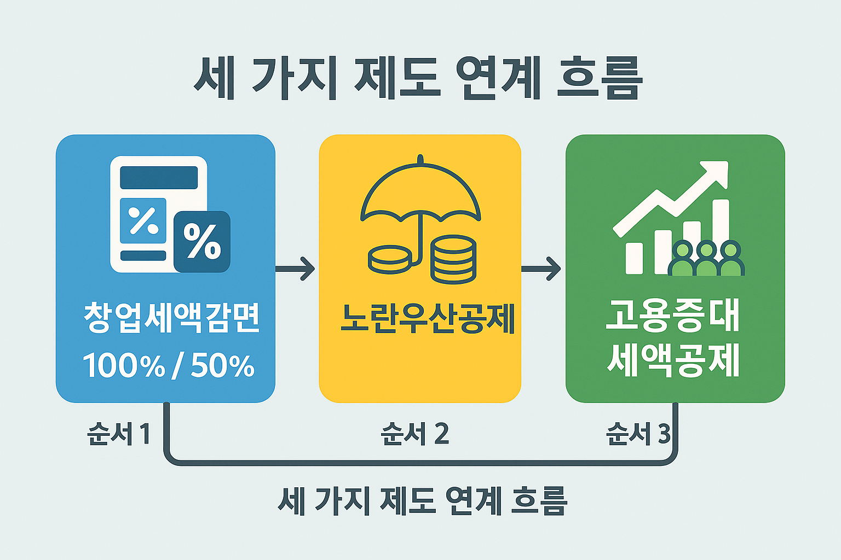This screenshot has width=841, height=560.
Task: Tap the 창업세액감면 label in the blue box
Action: tap(172, 317)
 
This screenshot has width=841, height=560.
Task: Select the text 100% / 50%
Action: tap(169, 365)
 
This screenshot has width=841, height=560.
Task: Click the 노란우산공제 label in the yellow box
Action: tap(428, 318)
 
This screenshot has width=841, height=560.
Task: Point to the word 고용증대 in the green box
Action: tap(673, 316)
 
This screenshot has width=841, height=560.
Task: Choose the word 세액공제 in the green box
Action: tap(673, 360)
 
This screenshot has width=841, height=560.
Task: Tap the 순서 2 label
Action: tap(414, 434)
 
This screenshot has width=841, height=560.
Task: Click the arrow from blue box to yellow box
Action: tap(296, 269)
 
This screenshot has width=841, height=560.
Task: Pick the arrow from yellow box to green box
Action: tap(541, 269)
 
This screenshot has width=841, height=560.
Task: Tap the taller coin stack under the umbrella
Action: tap(453, 260)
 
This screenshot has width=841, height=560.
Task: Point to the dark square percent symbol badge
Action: tap(201, 241)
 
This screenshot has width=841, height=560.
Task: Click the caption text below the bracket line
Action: tap(422, 500)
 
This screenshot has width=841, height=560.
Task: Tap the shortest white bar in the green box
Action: tap(634, 258)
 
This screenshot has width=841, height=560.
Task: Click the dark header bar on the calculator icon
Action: tap(159, 178)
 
